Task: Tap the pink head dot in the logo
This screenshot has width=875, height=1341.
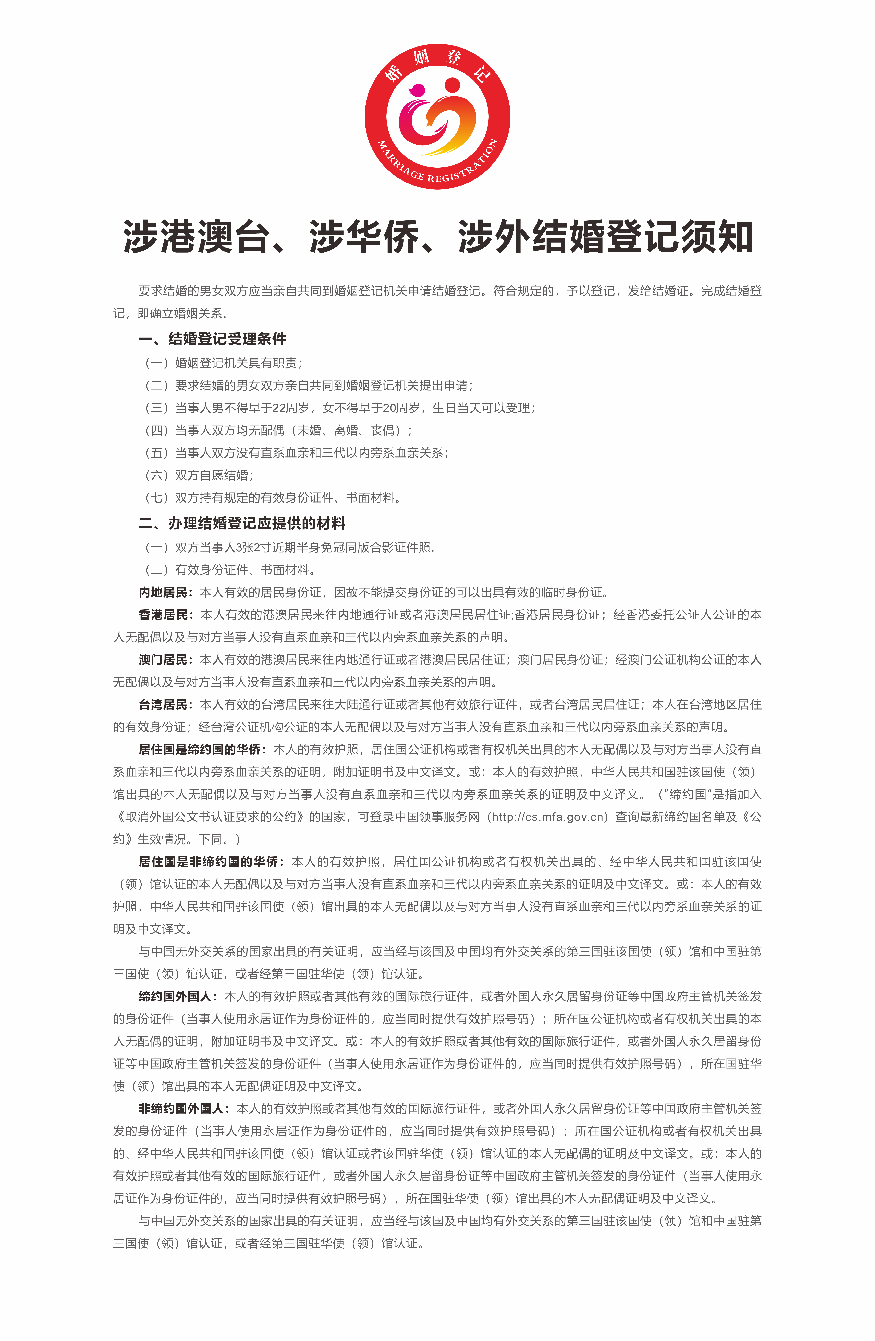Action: (x=418, y=90)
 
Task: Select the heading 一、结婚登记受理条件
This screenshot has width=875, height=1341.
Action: (x=213, y=339)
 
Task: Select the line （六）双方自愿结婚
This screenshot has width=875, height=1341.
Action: (x=199, y=475)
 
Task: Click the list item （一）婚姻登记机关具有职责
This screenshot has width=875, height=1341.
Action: (x=224, y=363)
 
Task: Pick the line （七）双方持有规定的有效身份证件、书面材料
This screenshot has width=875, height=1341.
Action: (x=273, y=497)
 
